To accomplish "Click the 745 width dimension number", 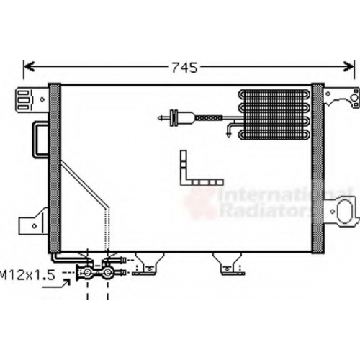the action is click(184, 68).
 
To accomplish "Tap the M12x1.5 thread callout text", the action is click(27, 275).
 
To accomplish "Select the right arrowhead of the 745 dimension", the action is click(348, 66).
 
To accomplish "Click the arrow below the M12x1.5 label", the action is click(56, 284).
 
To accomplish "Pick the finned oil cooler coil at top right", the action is click(274, 114).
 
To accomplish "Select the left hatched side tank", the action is click(55, 168).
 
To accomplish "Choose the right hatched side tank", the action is click(318, 168).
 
